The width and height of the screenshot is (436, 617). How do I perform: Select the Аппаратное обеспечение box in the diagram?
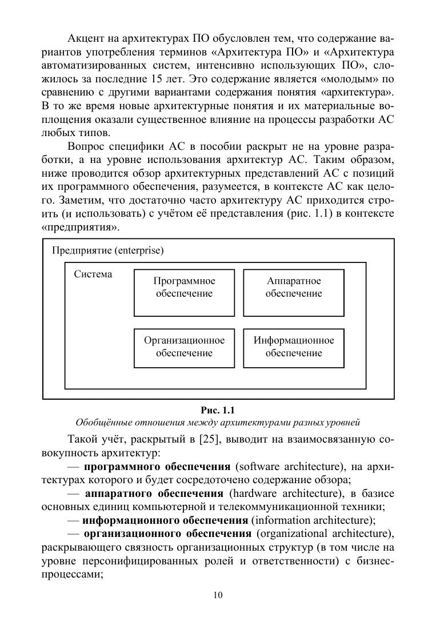pyautogui.click(x=294, y=293)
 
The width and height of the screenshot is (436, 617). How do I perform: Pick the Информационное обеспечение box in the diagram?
pyautogui.click(x=294, y=348)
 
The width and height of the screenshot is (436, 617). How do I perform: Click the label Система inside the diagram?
pyautogui.click(x=93, y=274)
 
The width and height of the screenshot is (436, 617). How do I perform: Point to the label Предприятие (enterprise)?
pyautogui.click(x=107, y=250)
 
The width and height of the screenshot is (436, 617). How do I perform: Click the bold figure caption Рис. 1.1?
pyautogui.click(x=218, y=410)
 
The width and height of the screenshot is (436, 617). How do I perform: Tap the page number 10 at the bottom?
pyautogui.click(x=218, y=595)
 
